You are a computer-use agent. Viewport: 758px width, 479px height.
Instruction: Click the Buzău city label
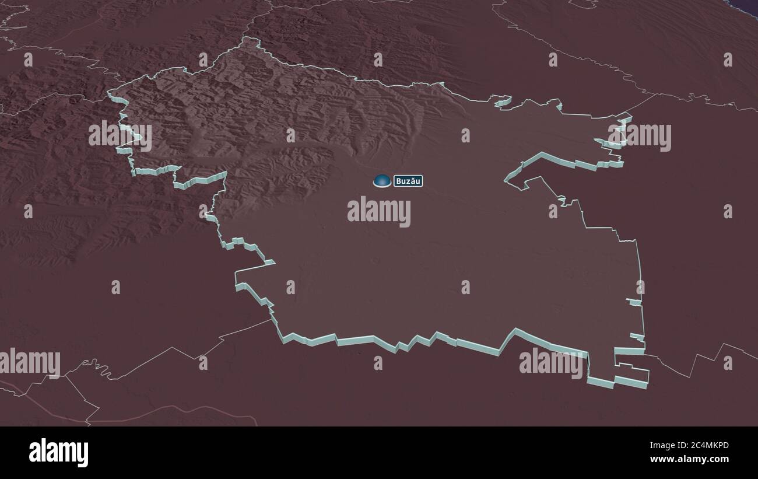408,181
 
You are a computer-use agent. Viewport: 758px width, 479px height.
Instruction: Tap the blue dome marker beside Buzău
382,181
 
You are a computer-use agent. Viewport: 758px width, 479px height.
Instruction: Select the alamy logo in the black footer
58,453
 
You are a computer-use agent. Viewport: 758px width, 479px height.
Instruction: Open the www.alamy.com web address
689,459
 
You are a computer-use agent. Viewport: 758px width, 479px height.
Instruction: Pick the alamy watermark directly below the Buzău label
379,211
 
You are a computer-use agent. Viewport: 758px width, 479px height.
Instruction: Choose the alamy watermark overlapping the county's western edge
120,136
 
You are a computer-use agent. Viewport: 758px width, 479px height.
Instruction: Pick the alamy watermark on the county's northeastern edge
640,137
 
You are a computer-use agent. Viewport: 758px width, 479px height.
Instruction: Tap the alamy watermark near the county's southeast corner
550,362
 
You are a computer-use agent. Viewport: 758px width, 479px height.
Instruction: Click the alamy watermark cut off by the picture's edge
30,362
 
